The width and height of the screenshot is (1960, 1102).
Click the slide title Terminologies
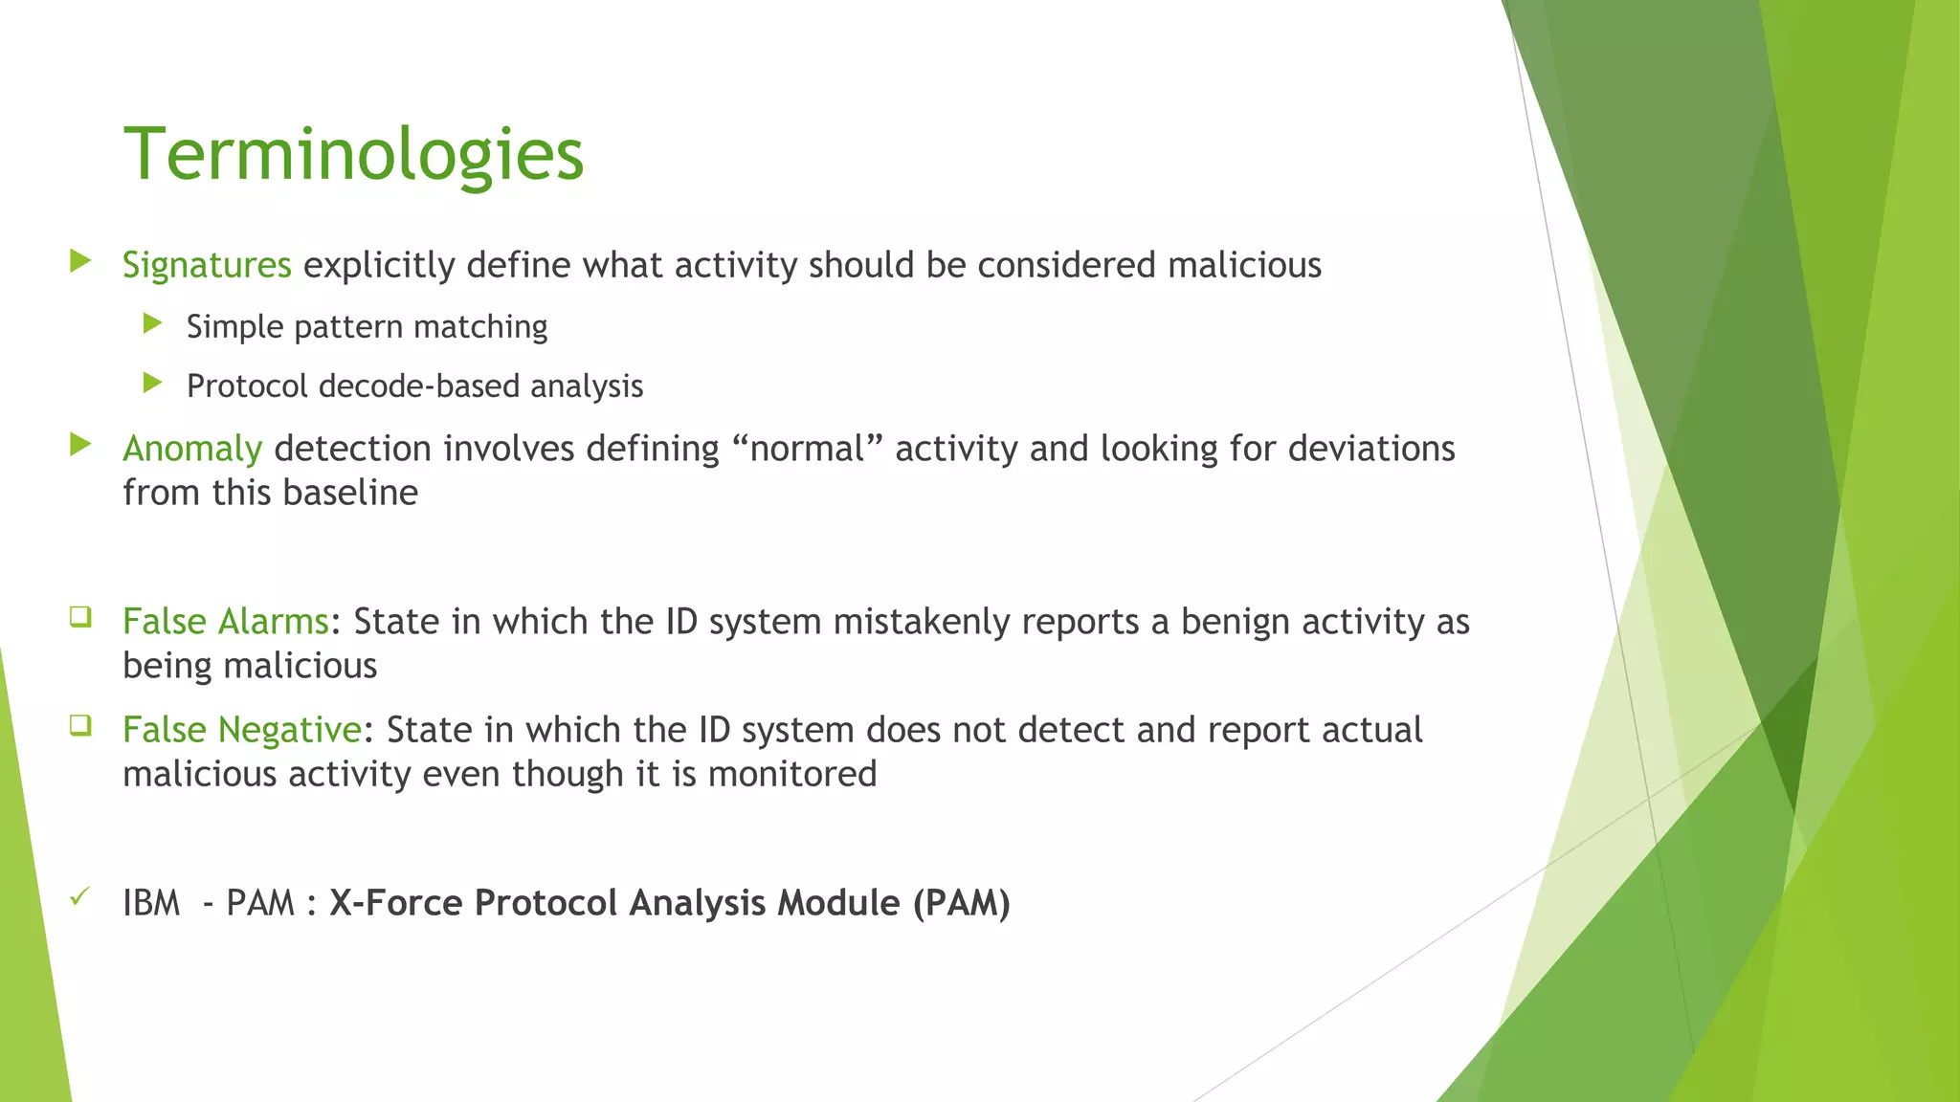click(x=353, y=154)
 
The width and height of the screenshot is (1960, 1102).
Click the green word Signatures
click(x=207, y=265)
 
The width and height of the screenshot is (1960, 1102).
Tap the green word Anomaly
click(x=192, y=449)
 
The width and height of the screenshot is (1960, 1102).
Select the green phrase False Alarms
click(x=226, y=622)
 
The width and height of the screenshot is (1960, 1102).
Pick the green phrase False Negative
click(x=242, y=730)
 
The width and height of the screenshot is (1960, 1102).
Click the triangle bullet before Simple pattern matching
click(x=152, y=324)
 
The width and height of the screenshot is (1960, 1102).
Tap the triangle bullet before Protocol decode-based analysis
click(x=152, y=384)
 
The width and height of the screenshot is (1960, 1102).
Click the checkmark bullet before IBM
click(x=80, y=897)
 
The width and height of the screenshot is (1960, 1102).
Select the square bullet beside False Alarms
click(x=80, y=617)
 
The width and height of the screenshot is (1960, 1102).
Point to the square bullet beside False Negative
click(x=80, y=725)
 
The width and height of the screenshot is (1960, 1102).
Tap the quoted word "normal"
click(x=807, y=449)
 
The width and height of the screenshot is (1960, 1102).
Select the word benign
click(x=1236, y=622)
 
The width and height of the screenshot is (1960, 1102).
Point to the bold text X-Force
click(x=396, y=903)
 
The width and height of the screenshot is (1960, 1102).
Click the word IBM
click(x=151, y=903)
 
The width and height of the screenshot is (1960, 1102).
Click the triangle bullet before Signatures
click(x=80, y=261)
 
